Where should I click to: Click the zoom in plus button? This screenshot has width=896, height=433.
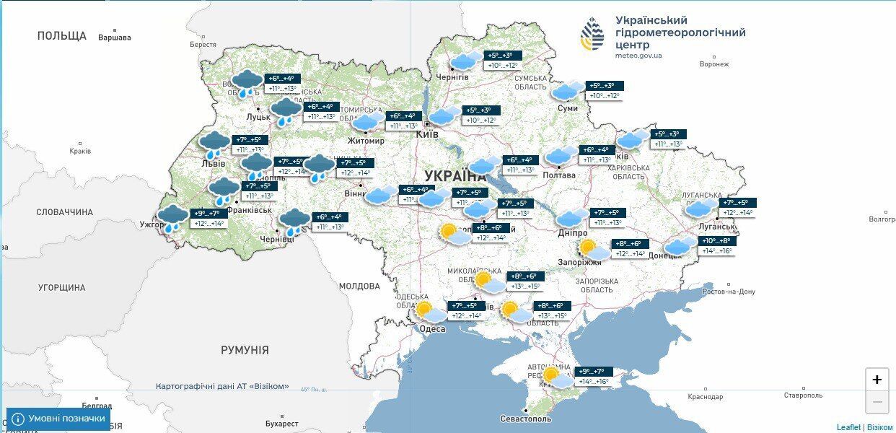coord(877,380)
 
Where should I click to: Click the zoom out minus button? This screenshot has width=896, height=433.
coord(877,402)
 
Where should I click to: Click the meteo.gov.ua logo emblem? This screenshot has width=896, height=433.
coord(593,34)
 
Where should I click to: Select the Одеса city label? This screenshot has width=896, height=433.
coord(432,329)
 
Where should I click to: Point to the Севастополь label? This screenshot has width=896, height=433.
coord(526,419)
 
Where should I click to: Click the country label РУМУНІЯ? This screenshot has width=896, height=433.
coord(245,350)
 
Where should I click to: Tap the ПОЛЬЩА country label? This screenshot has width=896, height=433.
coord(61,35)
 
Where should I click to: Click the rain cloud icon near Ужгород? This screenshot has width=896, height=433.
coord(172,218)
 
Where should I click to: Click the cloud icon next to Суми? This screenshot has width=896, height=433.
coord(568,91)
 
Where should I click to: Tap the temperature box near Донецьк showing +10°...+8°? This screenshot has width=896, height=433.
coord(716,241)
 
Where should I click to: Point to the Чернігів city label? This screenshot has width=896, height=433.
coord(452,77)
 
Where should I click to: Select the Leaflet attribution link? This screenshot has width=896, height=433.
coord(848,427)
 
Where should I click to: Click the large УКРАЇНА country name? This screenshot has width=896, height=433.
coord(455,176)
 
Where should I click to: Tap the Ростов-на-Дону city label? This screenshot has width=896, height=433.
coord(729,292)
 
